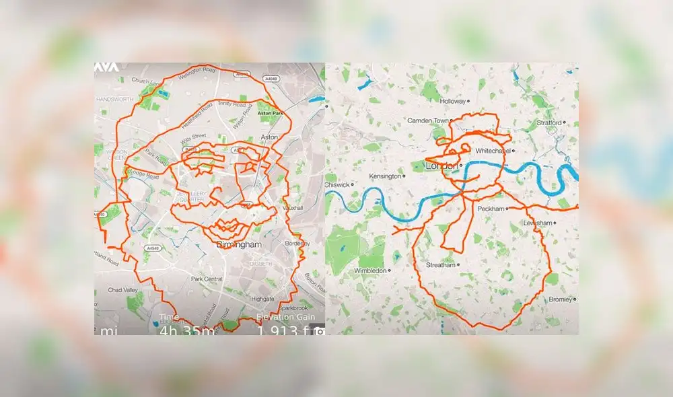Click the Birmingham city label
tap(239, 245)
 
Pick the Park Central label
tap(207, 279)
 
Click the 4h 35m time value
tap(187, 330)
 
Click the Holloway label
tap(452, 102)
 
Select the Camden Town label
tap(427, 120)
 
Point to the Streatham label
tap(441, 265)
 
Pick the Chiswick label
tap(339, 184)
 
